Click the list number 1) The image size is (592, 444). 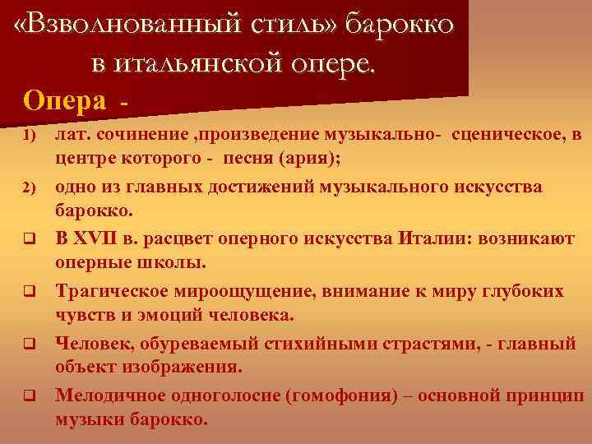[x=28, y=134]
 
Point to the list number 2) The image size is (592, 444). [x=28, y=187]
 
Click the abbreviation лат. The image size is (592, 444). [x=72, y=134]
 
